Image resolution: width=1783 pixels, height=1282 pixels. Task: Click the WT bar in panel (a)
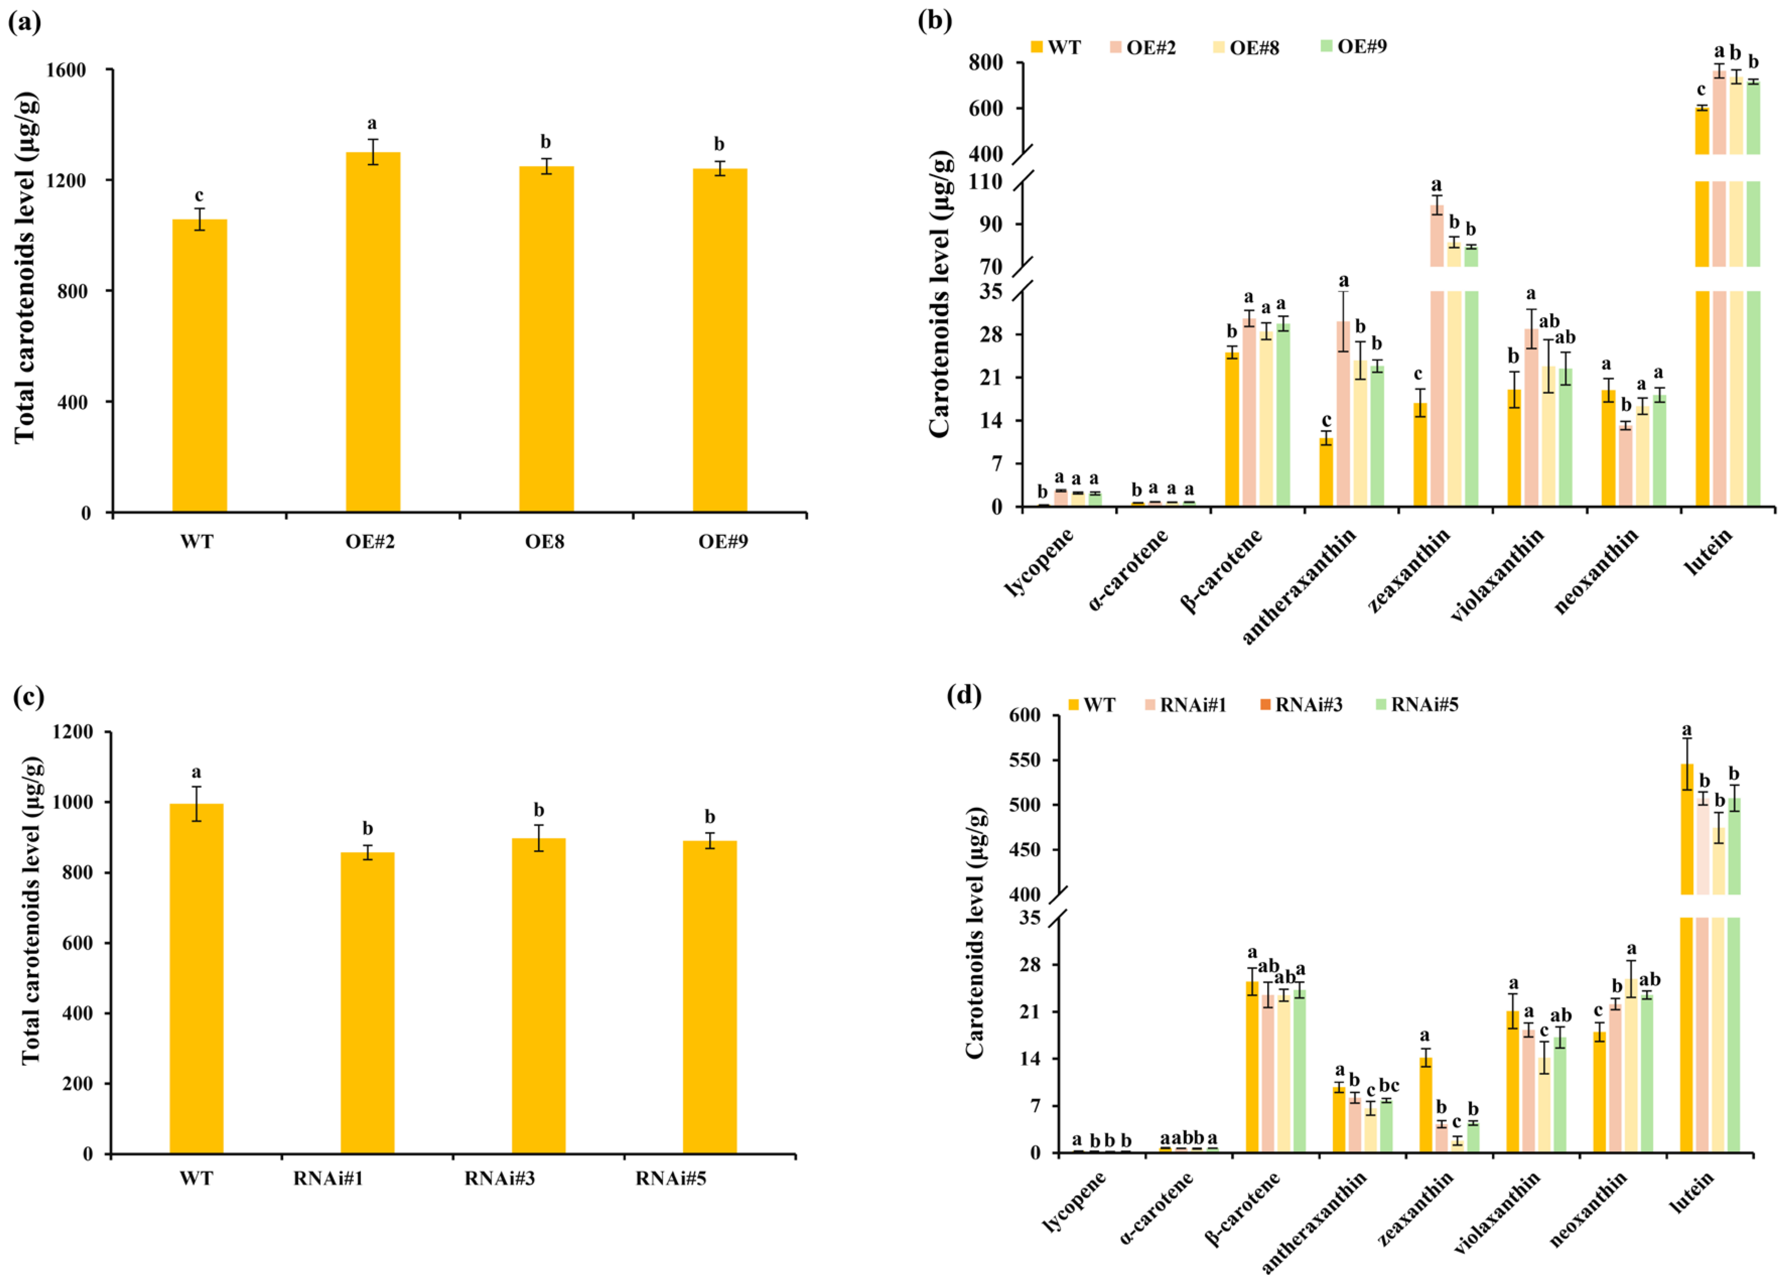199,366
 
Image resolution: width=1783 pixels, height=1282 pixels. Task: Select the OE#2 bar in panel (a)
373,331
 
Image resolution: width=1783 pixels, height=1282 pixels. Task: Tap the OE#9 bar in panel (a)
719,341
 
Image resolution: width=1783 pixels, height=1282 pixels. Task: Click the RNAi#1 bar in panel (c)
367,1002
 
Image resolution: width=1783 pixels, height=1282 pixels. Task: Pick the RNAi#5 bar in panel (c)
709,997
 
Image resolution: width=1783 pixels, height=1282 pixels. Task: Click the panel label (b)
935,21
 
